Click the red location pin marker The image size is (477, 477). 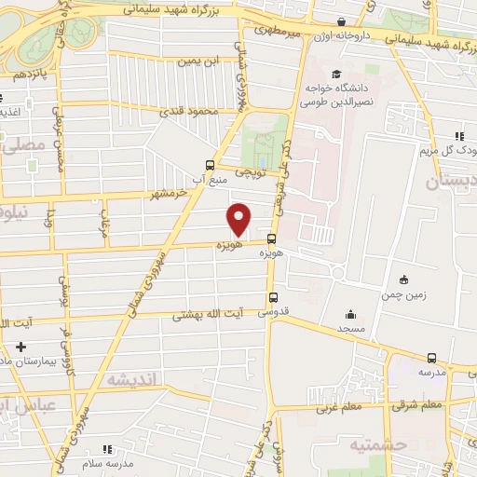(x=239, y=218)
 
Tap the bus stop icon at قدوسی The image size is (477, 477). (x=271, y=297)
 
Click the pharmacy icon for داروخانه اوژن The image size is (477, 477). (x=342, y=20)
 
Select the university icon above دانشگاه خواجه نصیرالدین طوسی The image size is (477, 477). (x=335, y=74)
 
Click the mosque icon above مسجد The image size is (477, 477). (x=350, y=314)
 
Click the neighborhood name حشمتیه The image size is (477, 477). (x=381, y=444)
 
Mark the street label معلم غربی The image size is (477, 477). (x=337, y=406)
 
